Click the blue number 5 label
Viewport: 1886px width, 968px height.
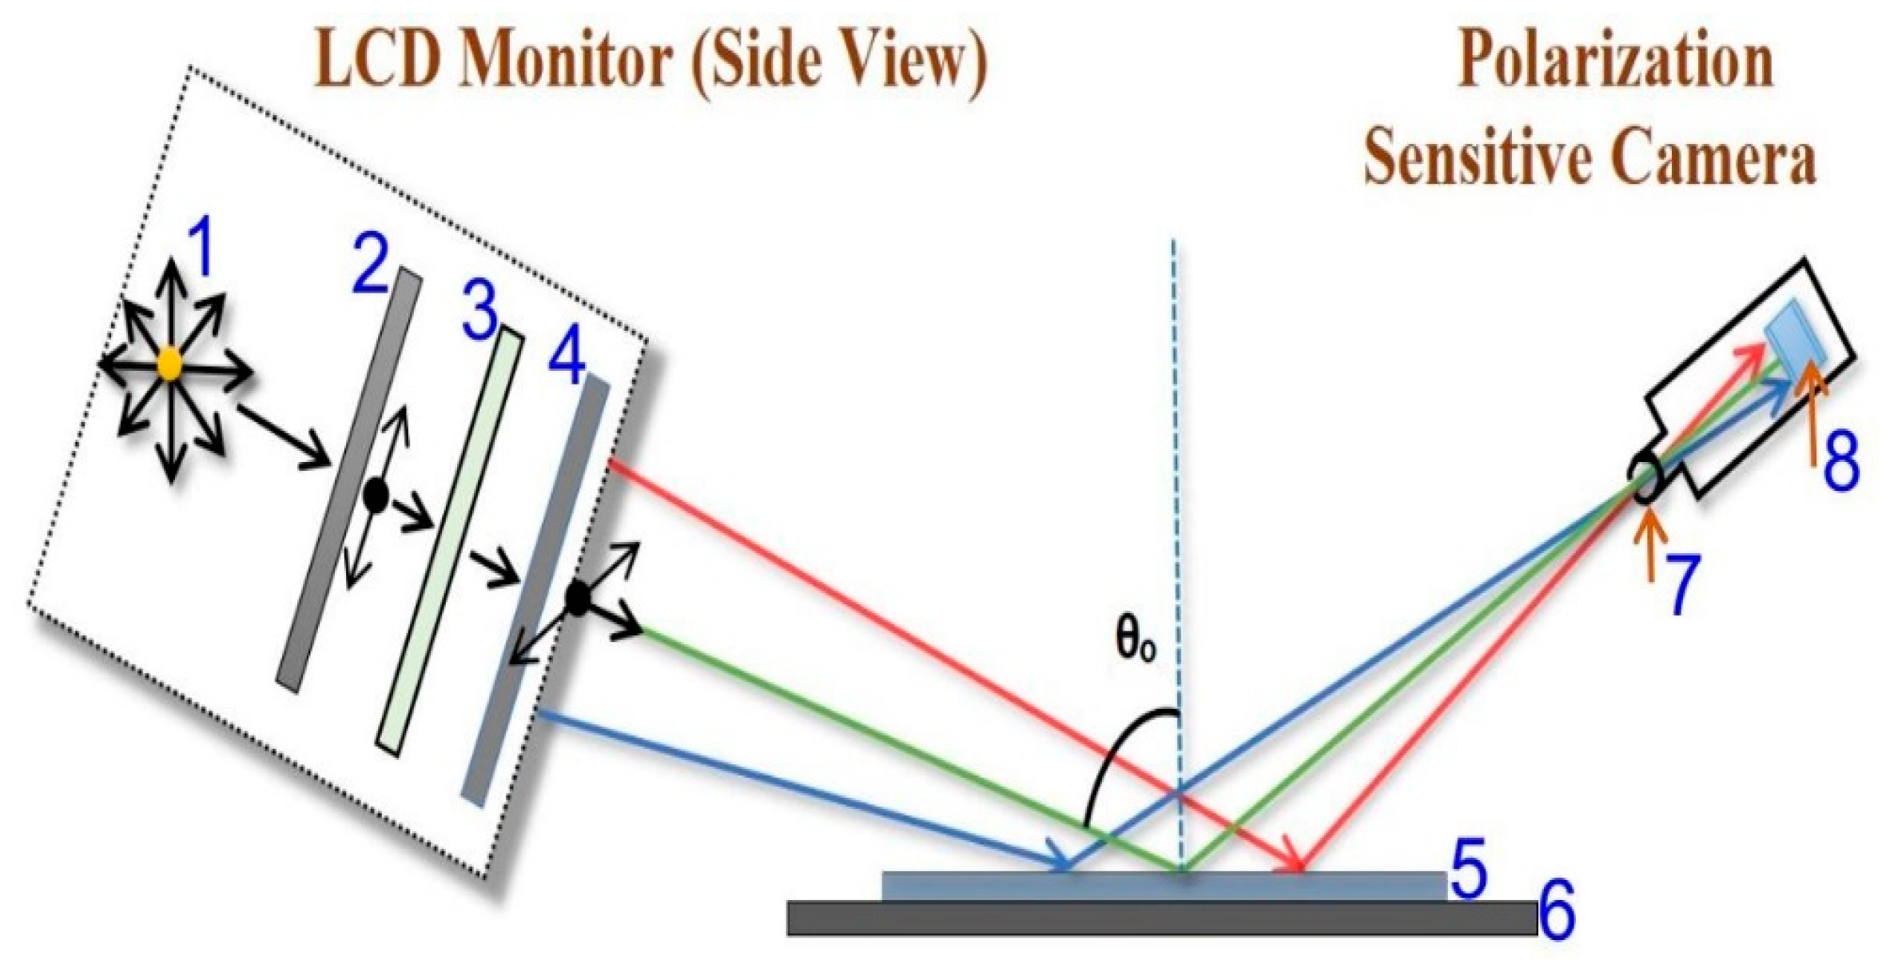(1468, 868)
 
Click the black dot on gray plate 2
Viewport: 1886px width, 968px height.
(375, 496)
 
